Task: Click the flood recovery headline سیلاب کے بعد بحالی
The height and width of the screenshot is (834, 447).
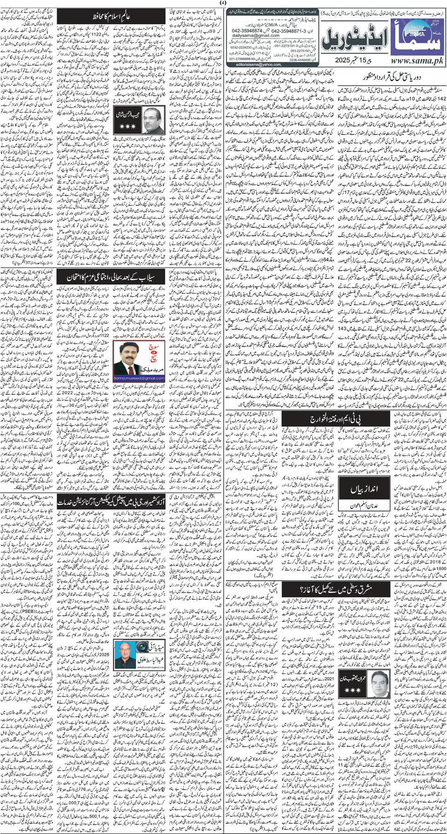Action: pos(112,278)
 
